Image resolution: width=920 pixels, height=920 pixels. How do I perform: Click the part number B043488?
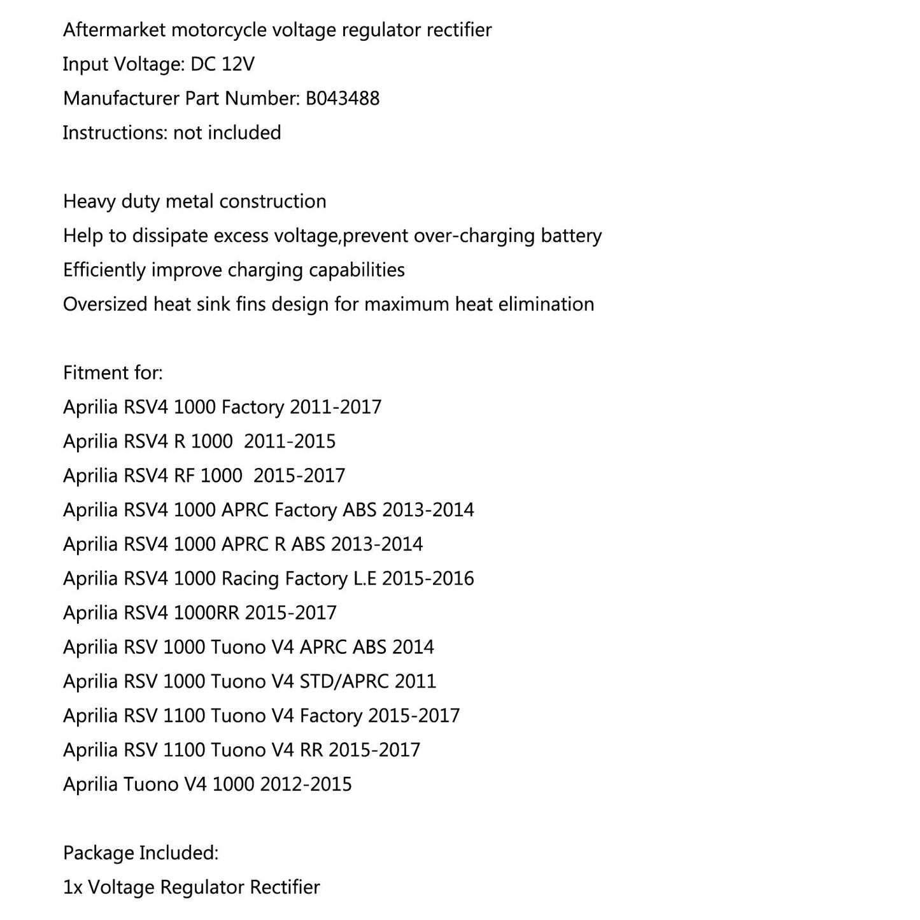pos(343,99)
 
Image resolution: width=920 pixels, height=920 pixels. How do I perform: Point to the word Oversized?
pos(105,304)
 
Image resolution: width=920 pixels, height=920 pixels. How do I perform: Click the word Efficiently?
pos(104,270)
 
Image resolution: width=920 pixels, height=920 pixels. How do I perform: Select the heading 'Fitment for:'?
pos(113,372)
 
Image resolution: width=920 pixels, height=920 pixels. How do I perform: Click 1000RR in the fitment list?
pos(206,613)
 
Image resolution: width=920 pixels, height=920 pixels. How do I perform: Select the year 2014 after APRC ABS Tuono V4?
pos(413,648)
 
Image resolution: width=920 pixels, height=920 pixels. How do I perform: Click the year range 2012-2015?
pos(306,784)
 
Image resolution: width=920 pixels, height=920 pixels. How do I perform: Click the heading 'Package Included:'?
pos(141,853)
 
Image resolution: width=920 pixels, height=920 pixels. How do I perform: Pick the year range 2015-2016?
pos(428,579)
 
